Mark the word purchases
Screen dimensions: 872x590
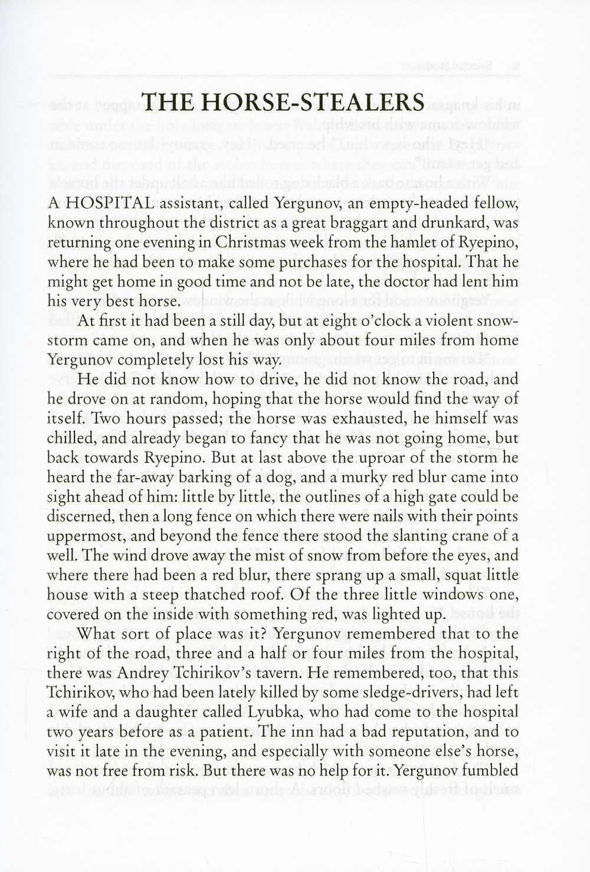point(282,263)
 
